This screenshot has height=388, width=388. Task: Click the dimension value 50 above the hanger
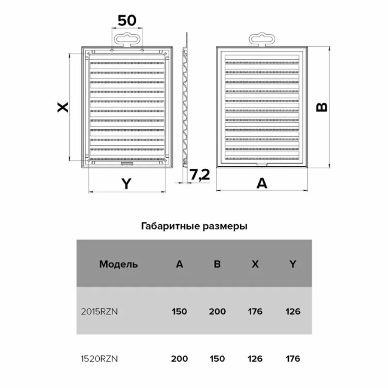(x=127, y=21)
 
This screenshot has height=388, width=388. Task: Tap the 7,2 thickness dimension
(x=199, y=175)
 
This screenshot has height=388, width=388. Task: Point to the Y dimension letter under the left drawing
(x=126, y=184)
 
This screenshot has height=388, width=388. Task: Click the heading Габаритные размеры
(x=194, y=227)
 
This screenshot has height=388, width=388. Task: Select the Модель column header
(x=118, y=264)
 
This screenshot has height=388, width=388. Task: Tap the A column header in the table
(x=179, y=264)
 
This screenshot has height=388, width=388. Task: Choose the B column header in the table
(x=217, y=264)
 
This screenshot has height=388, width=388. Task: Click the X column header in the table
(x=255, y=264)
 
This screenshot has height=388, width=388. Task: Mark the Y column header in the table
(x=293, y=264)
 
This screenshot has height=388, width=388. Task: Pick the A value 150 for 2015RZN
(x=179, y=312)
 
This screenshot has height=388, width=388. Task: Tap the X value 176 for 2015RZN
(x=255, y=312)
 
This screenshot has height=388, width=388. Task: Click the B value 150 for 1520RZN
(x=217, y=358)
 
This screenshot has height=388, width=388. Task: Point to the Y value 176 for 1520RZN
(x=293, y=358)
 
